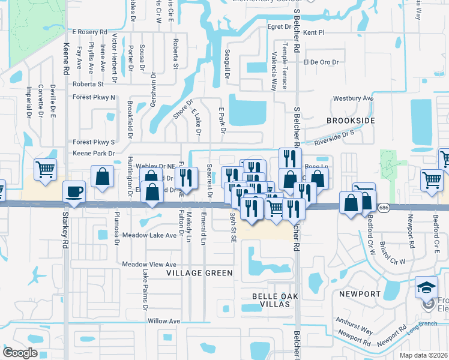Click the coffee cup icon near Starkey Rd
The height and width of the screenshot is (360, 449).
coord(75,192)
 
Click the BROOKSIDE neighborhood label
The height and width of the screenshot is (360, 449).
coord(351,121)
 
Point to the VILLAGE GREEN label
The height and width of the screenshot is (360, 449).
coord(199,273)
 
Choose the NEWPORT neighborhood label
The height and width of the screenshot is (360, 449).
coord(360,294)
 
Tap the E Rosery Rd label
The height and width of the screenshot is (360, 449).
coord(89,32)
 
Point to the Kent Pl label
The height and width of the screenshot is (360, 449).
coord(313,32)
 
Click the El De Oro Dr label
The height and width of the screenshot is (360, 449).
coord(321,62)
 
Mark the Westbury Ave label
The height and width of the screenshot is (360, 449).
coord(354,98)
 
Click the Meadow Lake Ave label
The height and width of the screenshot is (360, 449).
coord(149,235)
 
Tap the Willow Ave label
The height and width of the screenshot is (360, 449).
coord(164,322)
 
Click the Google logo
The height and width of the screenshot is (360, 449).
coord(20,353)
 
